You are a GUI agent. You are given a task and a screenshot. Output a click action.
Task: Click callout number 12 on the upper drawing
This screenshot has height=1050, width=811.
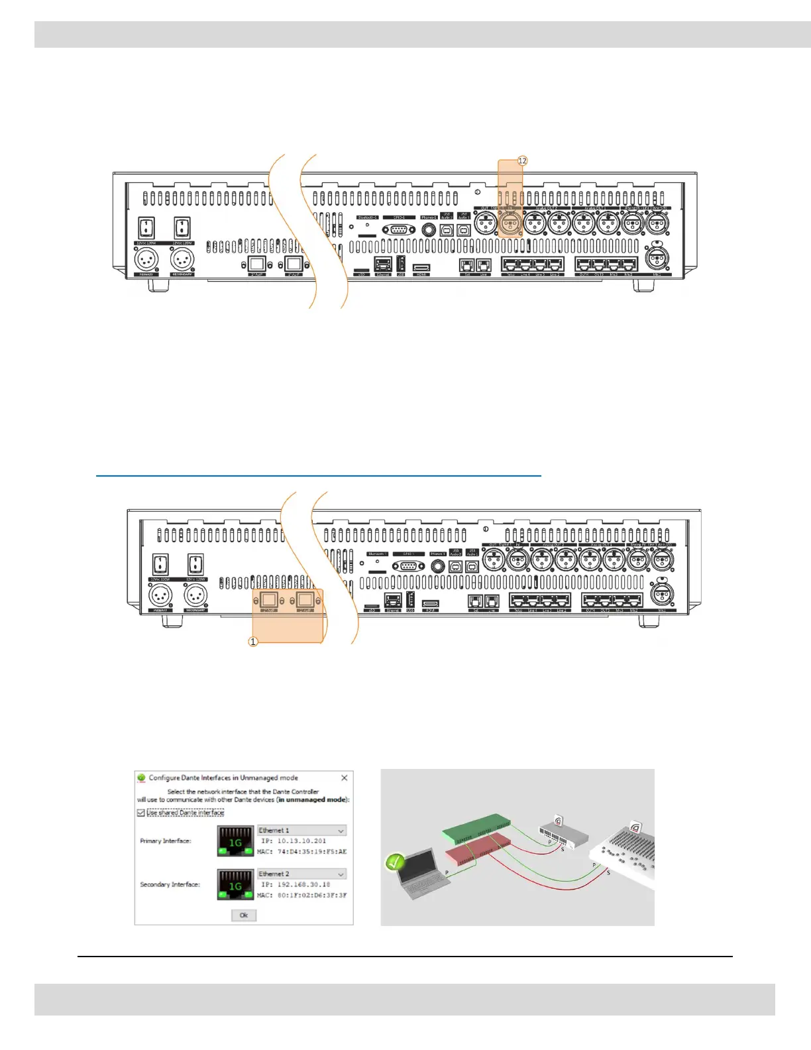coord(522,161)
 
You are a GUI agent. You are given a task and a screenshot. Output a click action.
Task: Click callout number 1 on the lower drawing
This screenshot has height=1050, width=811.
coord(252,642)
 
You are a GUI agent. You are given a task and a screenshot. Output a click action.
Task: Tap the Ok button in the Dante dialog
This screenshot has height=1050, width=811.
coord(244,915)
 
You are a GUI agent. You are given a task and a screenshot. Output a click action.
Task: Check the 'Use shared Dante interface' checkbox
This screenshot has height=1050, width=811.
coord(140,813)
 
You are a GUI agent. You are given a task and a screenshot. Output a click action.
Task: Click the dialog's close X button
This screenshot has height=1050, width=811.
coord(344,778)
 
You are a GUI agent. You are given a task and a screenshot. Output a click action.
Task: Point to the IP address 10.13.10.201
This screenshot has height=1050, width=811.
coord(301,841)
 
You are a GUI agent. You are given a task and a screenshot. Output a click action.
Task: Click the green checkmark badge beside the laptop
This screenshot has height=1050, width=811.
coord(395,862)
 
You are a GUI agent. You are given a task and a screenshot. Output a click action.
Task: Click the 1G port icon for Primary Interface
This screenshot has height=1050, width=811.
coord(235,841)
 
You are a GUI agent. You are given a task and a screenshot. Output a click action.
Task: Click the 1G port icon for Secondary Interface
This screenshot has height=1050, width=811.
coord(235,885)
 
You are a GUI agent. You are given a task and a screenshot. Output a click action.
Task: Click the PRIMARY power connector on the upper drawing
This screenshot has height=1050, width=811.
coord(146,259)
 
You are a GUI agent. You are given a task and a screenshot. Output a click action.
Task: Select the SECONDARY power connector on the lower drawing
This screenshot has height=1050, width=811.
coord(195,595)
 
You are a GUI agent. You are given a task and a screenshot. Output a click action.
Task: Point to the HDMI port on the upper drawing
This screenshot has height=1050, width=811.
coord(421,268)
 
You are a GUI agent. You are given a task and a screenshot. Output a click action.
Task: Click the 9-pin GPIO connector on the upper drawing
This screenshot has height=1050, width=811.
coord(399,229)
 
